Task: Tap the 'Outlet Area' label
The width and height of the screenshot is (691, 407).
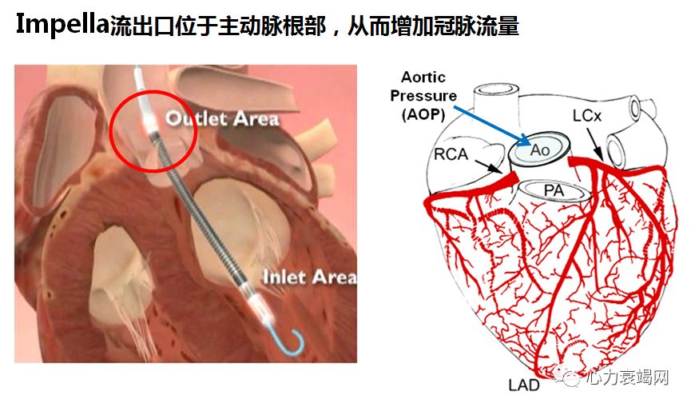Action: [x=221, y=119]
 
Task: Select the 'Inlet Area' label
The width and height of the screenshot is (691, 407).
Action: [x=310, y=278]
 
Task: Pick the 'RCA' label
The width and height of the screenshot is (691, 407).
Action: [x=452, y=153]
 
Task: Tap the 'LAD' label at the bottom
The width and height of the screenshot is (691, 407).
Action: [x=524, y=385]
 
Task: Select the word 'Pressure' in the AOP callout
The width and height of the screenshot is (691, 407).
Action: [x=423, y=96]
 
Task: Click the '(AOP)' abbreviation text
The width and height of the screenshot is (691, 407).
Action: [x=423, y=114]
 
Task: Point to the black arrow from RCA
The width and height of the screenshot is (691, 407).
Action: [x=489, y=166]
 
